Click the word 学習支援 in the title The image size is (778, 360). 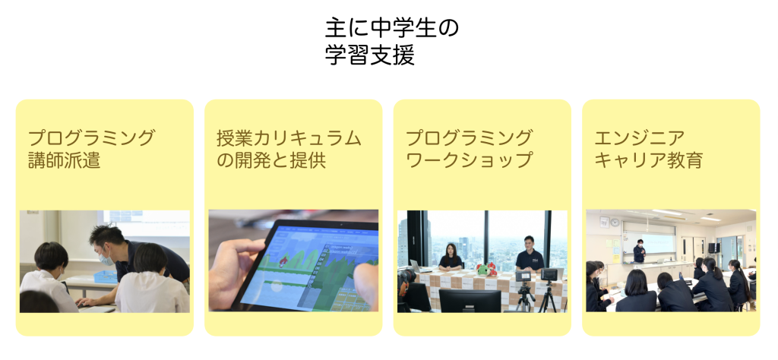tap(370, 55)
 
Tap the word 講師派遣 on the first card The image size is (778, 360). tap(65, 160)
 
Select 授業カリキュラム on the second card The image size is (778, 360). tap(289, 138)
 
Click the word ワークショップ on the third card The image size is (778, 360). tap(469, 160)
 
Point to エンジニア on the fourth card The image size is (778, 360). tap(640, 138)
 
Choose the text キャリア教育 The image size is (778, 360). tap(649, 160)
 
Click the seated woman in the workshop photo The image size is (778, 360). tap(451, 257)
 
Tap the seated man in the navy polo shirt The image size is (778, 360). tap(529, 254)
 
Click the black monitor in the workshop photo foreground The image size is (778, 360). tap(470, 301)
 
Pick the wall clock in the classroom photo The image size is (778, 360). tap(615, 222)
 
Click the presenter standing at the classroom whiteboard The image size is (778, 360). tap(640, 251)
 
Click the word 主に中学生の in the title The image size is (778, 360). tap(392, 29)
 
